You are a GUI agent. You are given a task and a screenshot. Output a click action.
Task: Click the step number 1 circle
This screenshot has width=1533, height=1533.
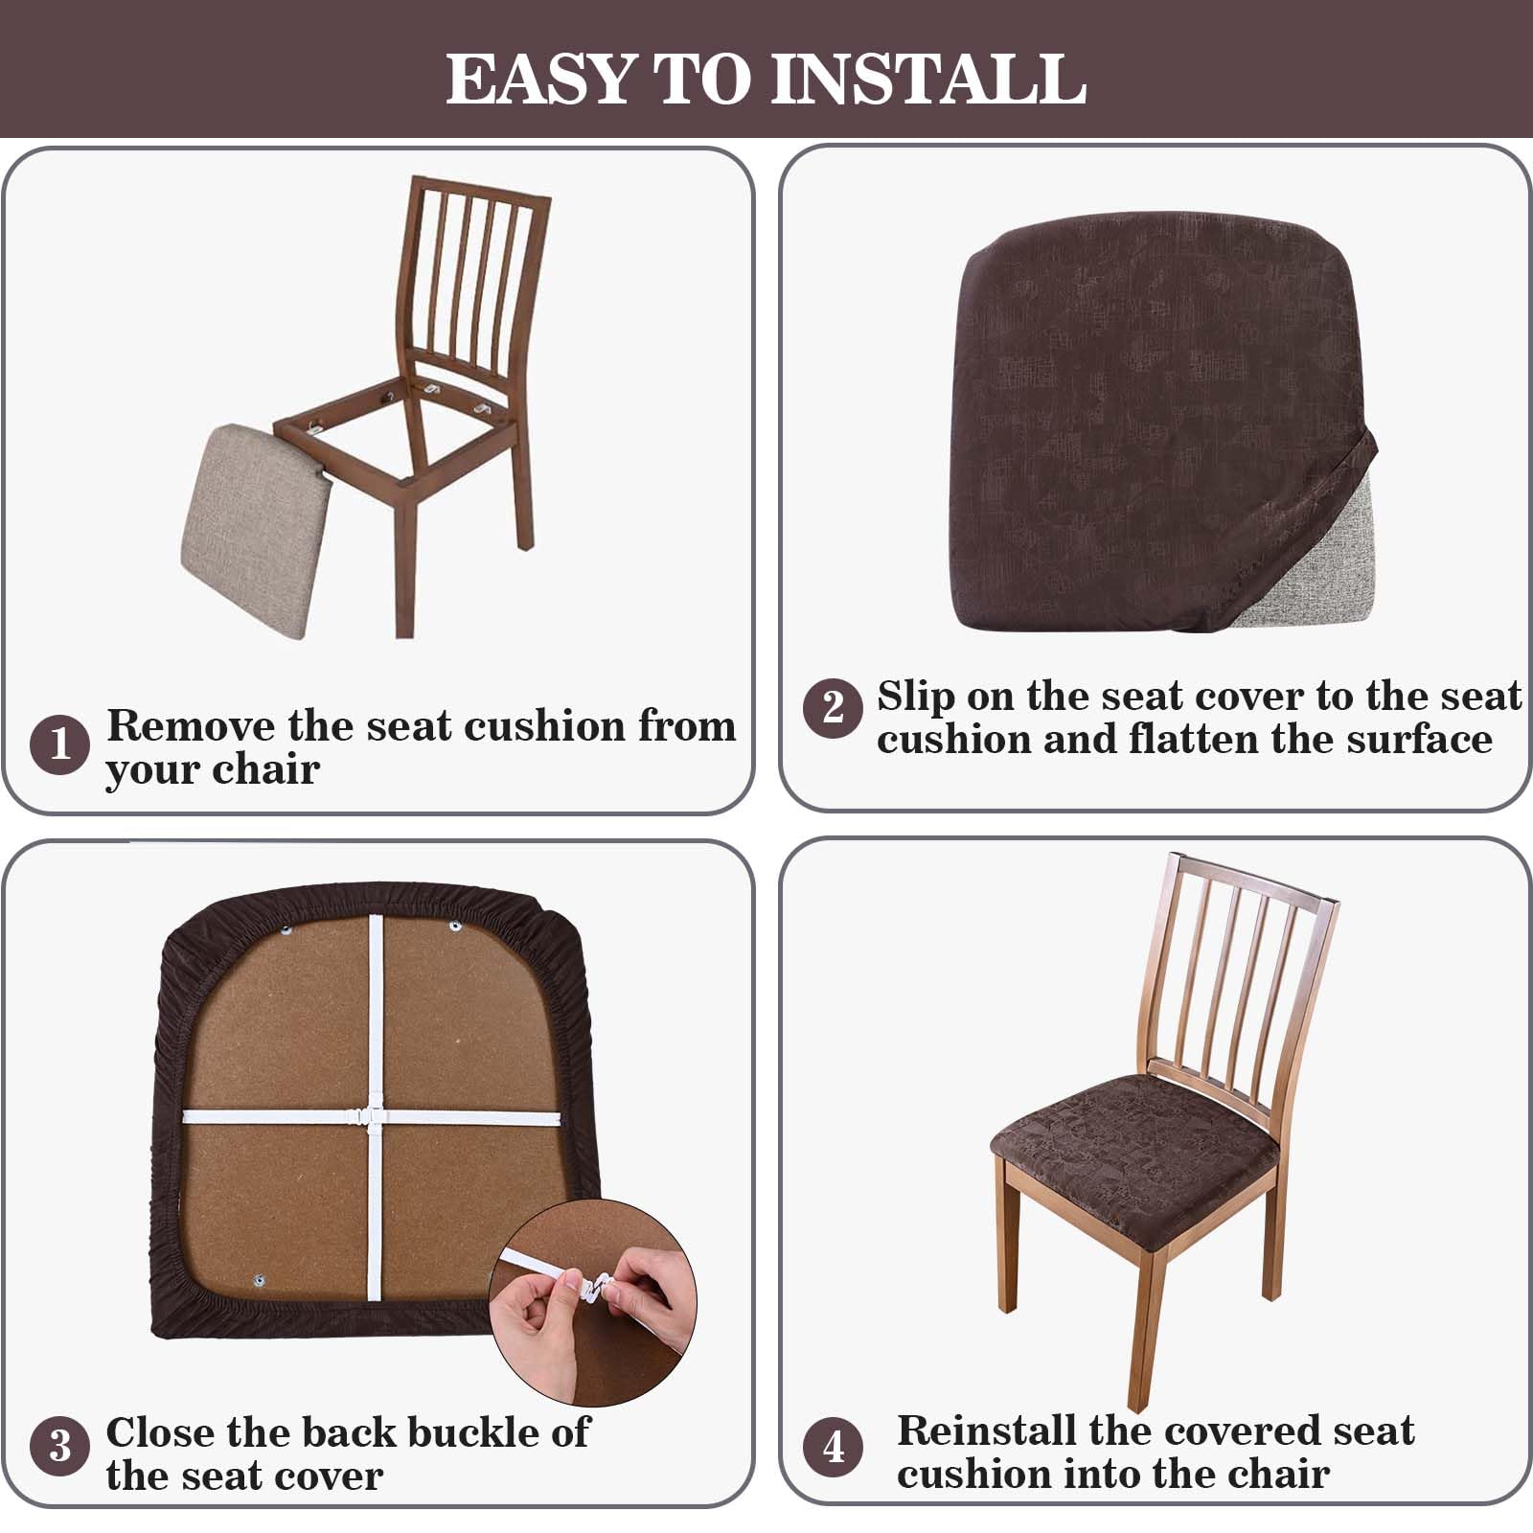(x=59, y=744)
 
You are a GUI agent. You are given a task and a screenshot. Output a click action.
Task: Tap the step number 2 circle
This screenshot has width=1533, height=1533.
(x=834, y=707)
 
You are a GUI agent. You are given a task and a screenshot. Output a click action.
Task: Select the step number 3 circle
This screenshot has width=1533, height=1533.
(x=59, y=1445)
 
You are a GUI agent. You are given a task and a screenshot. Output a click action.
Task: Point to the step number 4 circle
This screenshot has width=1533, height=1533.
(x=834, y=1445)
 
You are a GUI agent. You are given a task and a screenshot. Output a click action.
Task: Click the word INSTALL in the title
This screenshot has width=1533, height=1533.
(x=928, y=79)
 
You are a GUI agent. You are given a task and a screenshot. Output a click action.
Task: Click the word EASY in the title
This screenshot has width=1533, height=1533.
(x=540, y=79)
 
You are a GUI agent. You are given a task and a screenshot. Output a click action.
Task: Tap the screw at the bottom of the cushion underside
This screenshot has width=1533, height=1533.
(x=259, y=1280)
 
